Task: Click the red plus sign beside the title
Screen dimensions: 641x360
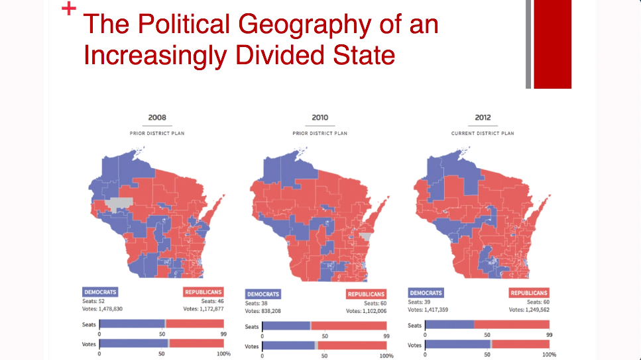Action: (x=69, y=9)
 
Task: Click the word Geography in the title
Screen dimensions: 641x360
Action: (x=304, y=24)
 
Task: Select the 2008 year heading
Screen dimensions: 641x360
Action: (x=157, y=118)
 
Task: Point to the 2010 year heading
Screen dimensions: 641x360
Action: (x=320, y=118)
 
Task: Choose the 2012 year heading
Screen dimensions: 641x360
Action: (x=483, y=118)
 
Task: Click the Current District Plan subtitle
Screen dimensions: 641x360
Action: (x=483, y=134)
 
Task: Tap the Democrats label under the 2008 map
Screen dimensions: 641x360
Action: (x=100, y=292)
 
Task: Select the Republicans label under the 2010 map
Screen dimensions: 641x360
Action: (x=366, y=294)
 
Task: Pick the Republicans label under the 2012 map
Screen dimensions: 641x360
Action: (x=528, y=292)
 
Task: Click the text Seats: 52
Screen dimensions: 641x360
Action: (x=93, y=301)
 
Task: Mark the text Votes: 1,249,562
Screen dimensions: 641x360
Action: (x=529, y=310)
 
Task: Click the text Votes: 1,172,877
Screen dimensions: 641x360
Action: (x=204, y=309)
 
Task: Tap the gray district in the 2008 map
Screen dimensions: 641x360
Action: (x=119, y=203)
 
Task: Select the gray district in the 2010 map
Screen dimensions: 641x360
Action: (x=366, y=236)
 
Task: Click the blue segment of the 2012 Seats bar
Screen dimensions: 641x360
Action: (x=449, y=325)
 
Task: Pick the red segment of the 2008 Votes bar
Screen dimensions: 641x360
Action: (x=197, y=343)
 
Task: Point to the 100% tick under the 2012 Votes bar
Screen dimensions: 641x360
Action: (x=549, y=355)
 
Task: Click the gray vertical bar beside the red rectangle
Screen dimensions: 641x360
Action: (x=528, y=44)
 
